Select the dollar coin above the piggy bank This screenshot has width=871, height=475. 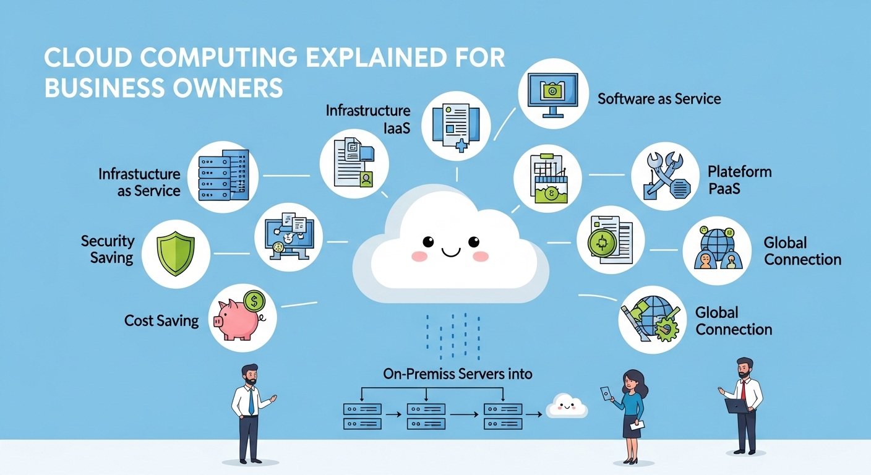pyautogui.click(x=254, y=302)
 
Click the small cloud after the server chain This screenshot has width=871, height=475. pyautogui.click(x=567, y=406)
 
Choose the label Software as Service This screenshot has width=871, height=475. pyautogui.click(x=659, y=98)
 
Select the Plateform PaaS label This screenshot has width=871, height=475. pyautogui.click(x=739, y=179)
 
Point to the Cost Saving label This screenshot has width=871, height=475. pyautogui.click(x=161, y=320)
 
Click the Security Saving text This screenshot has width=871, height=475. pyautogui.click(x=108, y=249)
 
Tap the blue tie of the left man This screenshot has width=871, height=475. pyautogui.click(x=251, y=401)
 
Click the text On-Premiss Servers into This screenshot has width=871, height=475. pyautogui.click(x=458, y=374)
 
